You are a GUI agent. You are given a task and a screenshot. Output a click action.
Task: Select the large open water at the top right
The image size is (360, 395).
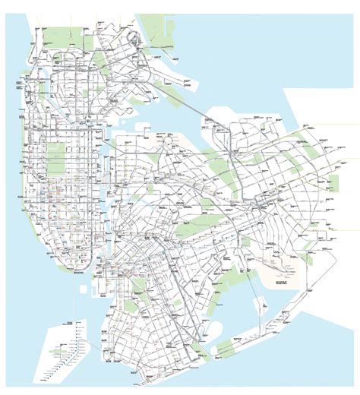click(x=304, y=46)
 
